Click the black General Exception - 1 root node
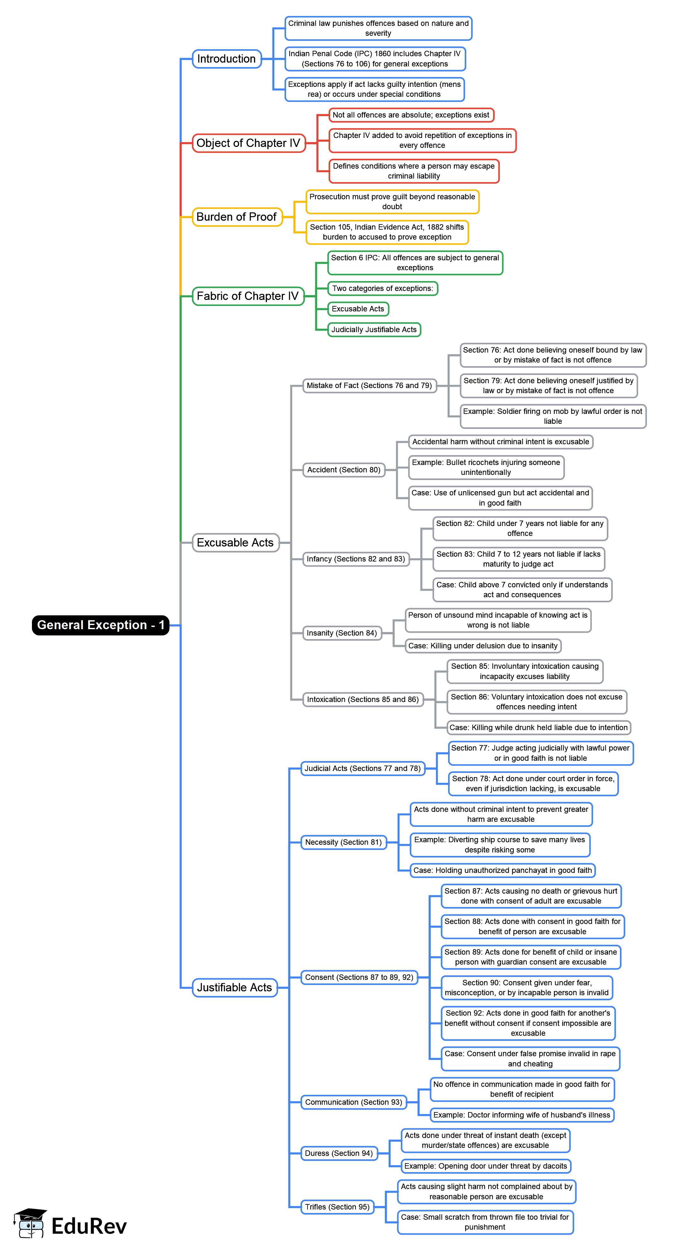(101, 625)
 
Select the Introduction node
(227, 59)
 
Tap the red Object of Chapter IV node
(249, 143)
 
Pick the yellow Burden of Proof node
(237, 217)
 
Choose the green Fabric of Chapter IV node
(248, 296)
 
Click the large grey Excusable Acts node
(236, 542)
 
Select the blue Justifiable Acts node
(235, 987)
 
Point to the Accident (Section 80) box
(344, 469)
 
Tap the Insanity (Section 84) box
(342, 633)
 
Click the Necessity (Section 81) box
(344, 842)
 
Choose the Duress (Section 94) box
(339, 1153)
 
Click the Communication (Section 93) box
(354, 1102)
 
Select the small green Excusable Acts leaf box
(358, 309)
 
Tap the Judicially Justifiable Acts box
(374, 329)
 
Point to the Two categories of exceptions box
(383, 288)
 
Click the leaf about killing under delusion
(483, 645)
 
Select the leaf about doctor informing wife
(522, 1115)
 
